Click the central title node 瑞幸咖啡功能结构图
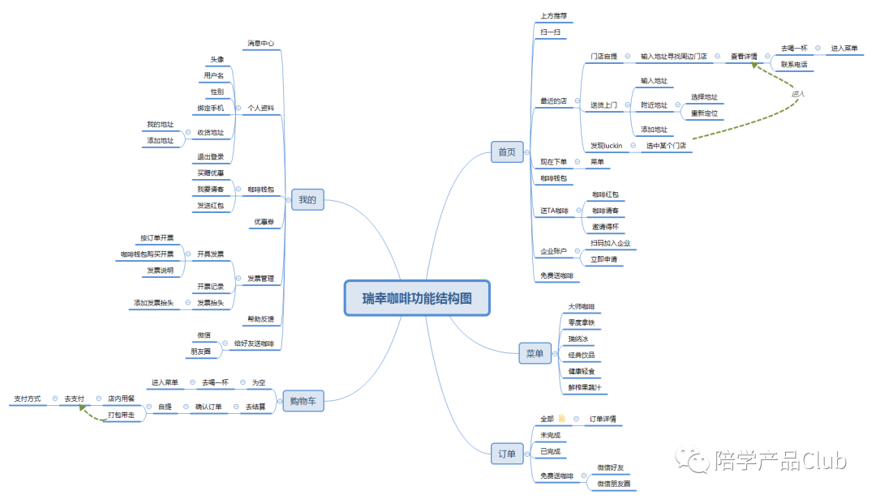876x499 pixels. pyautogui.click(x=416, y=297)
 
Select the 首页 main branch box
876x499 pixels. pyautogui.click(x=506, y=151)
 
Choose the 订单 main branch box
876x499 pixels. pyautogui.click(x=506, y=454)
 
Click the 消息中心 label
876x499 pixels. pyautogui.click(x=261, y=43)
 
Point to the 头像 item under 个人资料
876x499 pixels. pyautogui.click(x=217, y=59)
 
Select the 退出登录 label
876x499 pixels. pyautogui.click(x=210, y=156)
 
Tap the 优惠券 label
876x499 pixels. pyautogui.click(x=264, y=221)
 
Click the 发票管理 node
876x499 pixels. pyautogui.click(x=260, y=279)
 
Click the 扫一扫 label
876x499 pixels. pyautogui.click(x=550, y=32)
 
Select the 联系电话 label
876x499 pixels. pyautogui.click(x=793, y=64)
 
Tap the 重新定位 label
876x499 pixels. pyautogui.click(x=703, y=113)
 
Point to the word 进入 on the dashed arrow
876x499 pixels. pyautogui.click(x=797, y=94)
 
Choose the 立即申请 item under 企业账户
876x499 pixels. pyautogui.click(x=603, y=259)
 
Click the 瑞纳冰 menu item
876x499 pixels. pyautogui.click(x=581, y=339)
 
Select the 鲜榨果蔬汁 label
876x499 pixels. pyautogui.click(x=584, y=387)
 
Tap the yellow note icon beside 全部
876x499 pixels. pyautogui.click(x=561, y=419)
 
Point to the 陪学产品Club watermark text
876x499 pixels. pyautogui.click(x=780, y=461)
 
